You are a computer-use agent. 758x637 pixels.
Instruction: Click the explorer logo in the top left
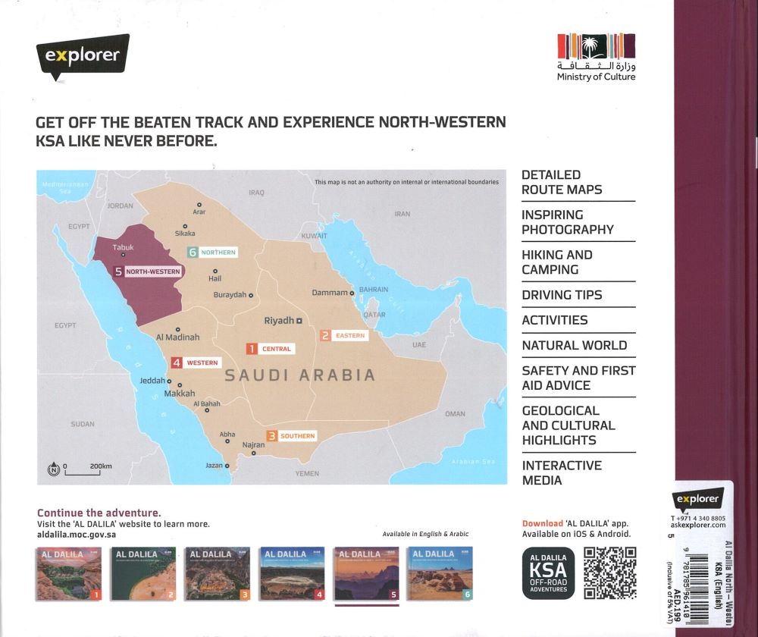[82, 56]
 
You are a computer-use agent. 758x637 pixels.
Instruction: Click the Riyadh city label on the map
[278, 321]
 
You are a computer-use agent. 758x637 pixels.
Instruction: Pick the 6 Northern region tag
[213, 252]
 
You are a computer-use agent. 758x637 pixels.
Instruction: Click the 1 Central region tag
[268, 349]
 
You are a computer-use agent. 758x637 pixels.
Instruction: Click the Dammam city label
[330, 293]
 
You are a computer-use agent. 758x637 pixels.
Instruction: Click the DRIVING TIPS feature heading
[562, 295]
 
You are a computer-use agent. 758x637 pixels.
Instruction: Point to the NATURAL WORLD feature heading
[574, 346]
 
